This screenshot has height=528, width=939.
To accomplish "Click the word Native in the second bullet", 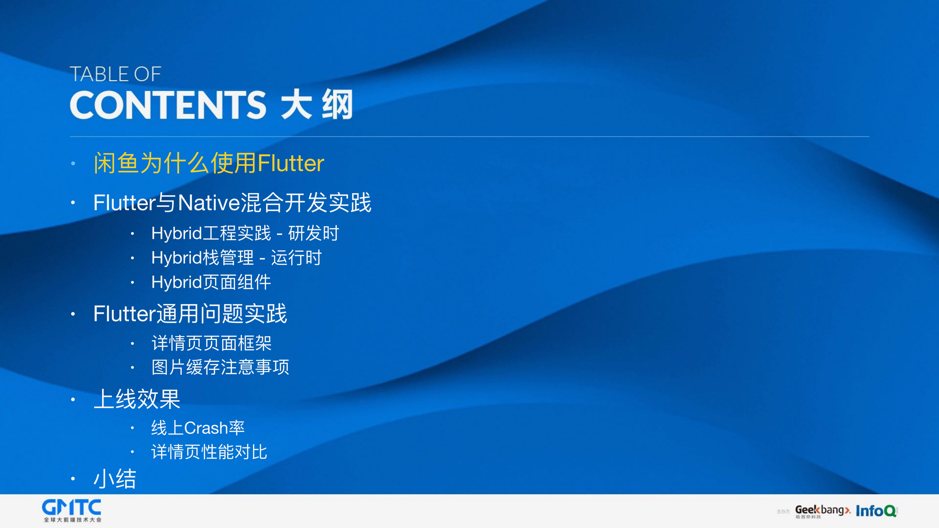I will (x=209, y=203).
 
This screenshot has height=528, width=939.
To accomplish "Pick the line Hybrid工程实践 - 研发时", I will (x=245, y=233).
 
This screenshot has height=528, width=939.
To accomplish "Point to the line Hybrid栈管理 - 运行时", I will (x=236, y=258).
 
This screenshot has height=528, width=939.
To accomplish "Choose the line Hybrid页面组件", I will (x=211, y=282).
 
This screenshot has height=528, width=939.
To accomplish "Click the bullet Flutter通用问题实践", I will (x=190, y=314).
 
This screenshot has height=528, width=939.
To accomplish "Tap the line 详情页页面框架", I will (x=211, y=343).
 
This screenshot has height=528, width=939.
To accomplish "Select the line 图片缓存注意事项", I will (x=220, y=367).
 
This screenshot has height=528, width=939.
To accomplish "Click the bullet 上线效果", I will (x=137, y=399).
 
